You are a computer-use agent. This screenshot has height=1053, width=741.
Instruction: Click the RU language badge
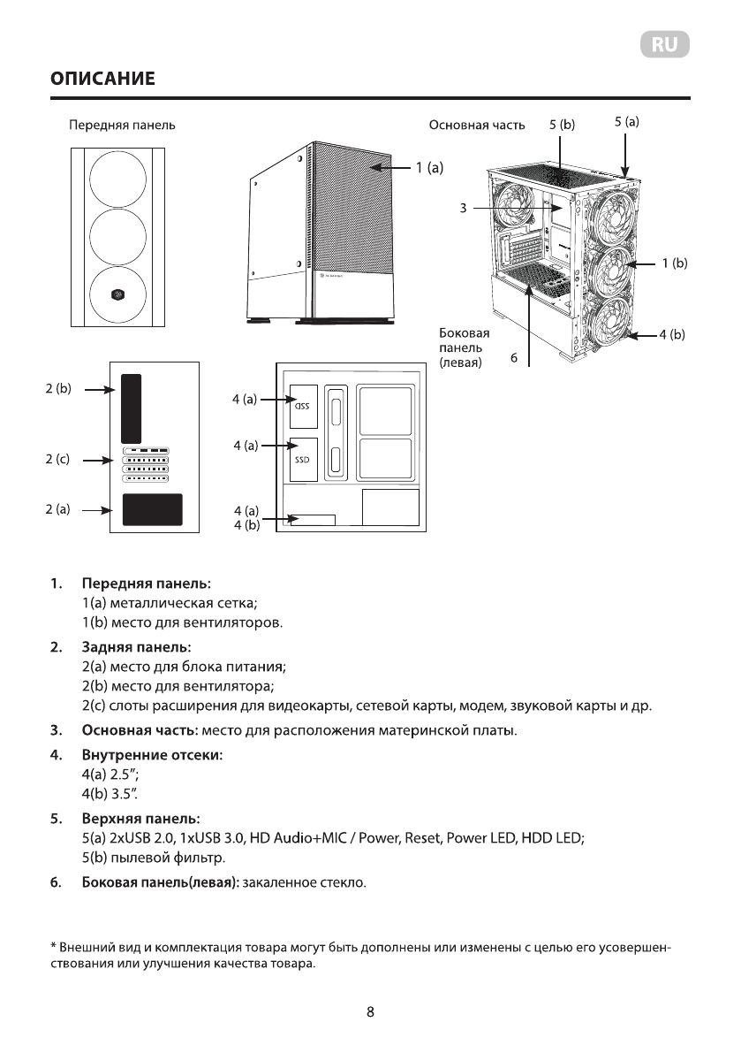point(665,45)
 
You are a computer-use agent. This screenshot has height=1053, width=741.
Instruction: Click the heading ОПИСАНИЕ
point(102,80)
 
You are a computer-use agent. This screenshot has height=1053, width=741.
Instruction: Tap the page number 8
point(370,1011)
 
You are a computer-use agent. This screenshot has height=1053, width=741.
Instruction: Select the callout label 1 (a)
point(428,165)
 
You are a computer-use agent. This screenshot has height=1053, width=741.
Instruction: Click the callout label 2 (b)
point(58,388)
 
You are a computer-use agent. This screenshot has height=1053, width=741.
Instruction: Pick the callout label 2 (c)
point(58,459)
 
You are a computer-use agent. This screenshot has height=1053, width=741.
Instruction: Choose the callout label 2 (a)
point(58,509)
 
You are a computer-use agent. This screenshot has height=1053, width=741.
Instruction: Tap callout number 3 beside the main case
point(463,208)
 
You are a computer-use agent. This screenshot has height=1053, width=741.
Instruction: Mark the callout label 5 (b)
point(561,125)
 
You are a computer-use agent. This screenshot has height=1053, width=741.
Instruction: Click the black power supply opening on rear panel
point(152,510)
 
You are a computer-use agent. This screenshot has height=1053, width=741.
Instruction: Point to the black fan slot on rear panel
point(131,408)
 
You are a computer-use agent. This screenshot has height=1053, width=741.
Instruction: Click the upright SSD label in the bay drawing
point(303,460)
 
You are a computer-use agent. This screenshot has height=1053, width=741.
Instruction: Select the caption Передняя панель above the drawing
point(122,126)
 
